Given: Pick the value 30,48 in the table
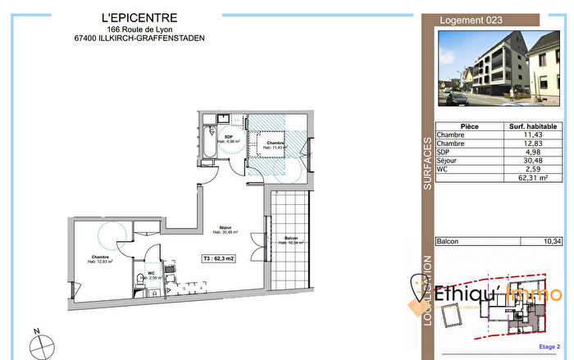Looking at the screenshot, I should pos(533,161).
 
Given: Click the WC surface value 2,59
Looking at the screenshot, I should pos(533,169).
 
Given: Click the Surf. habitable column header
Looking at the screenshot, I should pos(533,126).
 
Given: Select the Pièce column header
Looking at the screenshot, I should pos(470,126).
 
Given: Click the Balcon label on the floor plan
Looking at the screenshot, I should pos(292,239).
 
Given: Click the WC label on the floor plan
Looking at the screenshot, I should pos(150,273).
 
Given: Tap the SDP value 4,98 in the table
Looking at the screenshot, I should pos(533,153).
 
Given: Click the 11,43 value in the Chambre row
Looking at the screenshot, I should pos(533,135).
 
